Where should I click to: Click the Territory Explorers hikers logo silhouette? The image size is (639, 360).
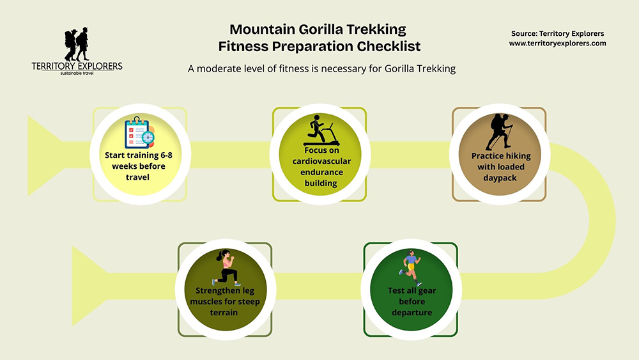[x=76, y=44]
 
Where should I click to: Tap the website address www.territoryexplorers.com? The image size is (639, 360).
[x=557, y=43]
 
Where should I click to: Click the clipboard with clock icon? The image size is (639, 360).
[x=139, y=131]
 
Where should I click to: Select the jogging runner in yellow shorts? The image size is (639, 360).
[x=410, y=267]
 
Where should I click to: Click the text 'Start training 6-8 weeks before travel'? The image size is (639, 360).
[x=139, y=166]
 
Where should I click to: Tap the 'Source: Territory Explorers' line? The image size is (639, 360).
[x=557, y=33]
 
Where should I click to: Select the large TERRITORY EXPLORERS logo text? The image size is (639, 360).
[x=77, y=66]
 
